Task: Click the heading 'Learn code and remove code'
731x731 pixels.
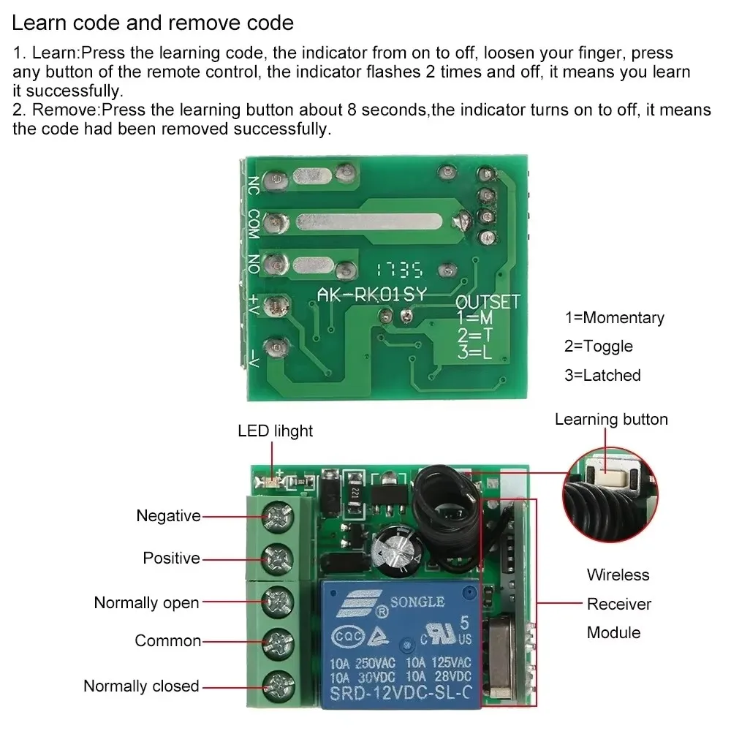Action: click(153, 23)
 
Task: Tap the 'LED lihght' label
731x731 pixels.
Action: click(275, 431)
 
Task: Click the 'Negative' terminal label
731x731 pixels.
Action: click(168, 516)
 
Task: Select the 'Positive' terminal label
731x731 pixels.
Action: click(171, 558)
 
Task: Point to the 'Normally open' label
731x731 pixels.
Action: click(146, 603)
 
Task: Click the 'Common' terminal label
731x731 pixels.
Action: click(167, 641)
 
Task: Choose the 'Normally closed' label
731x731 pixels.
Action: click(141, 686)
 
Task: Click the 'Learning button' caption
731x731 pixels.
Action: click(611, 420)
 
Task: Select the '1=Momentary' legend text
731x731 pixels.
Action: click(614, 318)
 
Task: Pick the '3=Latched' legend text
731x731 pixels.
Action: click(602, 376)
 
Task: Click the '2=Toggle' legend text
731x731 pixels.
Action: click(598, 346)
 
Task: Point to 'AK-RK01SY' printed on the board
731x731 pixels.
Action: click(371, 294)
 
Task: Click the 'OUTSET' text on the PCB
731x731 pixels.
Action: click(488, 302)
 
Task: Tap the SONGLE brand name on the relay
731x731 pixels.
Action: click(418, 602)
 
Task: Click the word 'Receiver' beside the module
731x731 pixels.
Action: click(618, 604)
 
